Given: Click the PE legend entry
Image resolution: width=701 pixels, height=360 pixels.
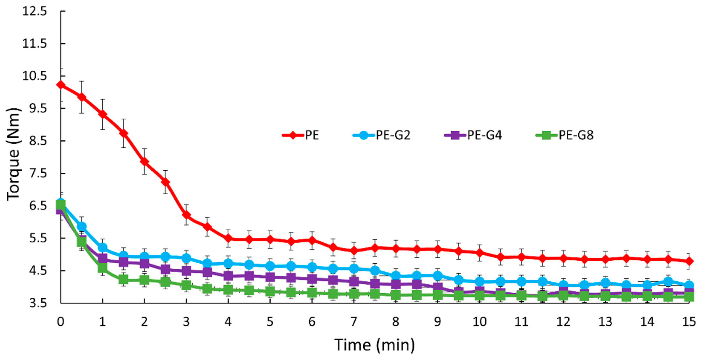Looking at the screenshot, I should click(x=300, y=135).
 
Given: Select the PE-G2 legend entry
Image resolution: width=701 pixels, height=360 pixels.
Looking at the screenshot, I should click(x=382, y=135).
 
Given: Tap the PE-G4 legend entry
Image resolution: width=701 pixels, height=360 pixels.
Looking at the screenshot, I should click(x=473, y=135).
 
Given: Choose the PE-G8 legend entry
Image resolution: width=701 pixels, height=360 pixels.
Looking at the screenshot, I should click(x=565, y=135).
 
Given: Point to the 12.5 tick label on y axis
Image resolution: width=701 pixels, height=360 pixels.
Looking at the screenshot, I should click(x=35, y=12).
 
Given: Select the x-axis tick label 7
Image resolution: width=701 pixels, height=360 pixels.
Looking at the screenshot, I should click(x=353, y=322).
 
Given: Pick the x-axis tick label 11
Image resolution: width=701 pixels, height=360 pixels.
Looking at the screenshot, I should click(x=521, y=322).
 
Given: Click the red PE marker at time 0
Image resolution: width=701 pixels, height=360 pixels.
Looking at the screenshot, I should click(x=61, y=85).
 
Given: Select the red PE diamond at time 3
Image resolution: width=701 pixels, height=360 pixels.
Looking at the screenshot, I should click(x=186, y=215).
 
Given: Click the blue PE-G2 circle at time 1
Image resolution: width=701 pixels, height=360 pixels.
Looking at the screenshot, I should click(x=103, y=247).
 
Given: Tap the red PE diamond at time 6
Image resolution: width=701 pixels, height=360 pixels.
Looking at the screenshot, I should click(x=312, y=240).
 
